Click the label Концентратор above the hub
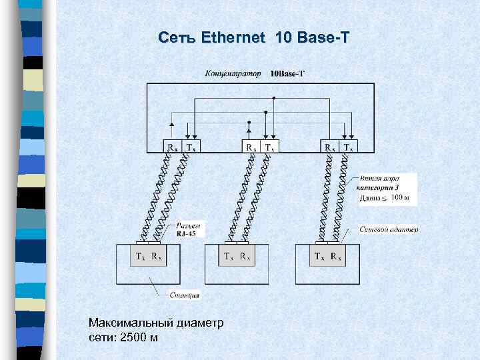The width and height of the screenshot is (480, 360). coord(233,73)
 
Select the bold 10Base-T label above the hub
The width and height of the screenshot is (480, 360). coord(287,73)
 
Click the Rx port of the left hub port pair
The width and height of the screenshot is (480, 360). coord(171,147)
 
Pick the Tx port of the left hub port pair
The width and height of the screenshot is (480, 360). coord(191,147)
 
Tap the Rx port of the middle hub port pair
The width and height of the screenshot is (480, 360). coord(251,147)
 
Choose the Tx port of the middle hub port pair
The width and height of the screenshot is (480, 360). coord(269,147)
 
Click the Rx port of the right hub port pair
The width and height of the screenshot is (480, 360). coord(329,147)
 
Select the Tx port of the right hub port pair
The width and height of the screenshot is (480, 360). coord(349,147)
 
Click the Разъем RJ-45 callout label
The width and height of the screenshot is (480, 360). coord(190,229)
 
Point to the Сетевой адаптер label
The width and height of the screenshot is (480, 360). coord(389,229)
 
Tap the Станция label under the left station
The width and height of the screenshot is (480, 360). coord(185,295)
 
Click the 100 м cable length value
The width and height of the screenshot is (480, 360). coord(401,197)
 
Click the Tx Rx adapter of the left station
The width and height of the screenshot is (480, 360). coord(147,255)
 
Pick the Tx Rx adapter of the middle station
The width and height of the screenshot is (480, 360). coord(236,255)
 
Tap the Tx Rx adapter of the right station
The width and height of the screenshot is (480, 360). coord(328,255)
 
